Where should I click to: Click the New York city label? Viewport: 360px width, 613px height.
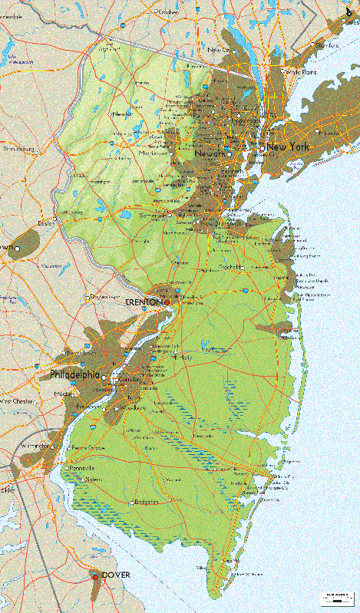tap(287, 147)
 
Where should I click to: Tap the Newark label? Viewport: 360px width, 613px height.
tap(210, 153)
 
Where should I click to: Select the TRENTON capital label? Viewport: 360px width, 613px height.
tap(144, 302)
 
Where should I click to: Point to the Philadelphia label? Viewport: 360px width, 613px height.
tap(74, 375)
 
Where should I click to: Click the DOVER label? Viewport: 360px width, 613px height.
tap(116, 575)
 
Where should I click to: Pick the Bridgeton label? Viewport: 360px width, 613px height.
tap(145, 502)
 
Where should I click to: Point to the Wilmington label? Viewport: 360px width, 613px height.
tap(35, 445)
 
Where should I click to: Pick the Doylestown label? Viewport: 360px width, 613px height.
tap(107, 296)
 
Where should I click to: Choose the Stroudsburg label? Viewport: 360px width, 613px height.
tap(18, 148)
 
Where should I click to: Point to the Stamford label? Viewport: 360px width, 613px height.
tap(327, 45)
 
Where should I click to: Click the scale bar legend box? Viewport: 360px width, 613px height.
tap(335, 595)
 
